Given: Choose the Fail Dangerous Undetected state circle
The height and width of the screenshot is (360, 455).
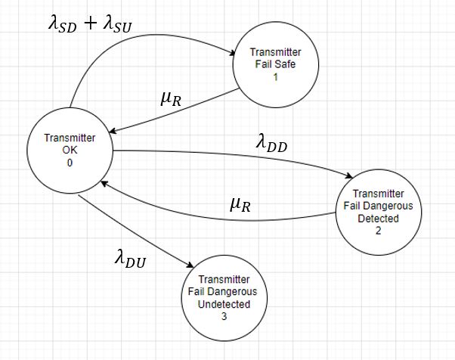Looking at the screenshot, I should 224,293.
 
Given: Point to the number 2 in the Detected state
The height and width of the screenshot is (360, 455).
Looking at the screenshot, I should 378,230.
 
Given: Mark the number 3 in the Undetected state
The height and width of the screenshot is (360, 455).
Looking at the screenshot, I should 224,317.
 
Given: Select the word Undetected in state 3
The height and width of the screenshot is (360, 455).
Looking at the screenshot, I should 224,304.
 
